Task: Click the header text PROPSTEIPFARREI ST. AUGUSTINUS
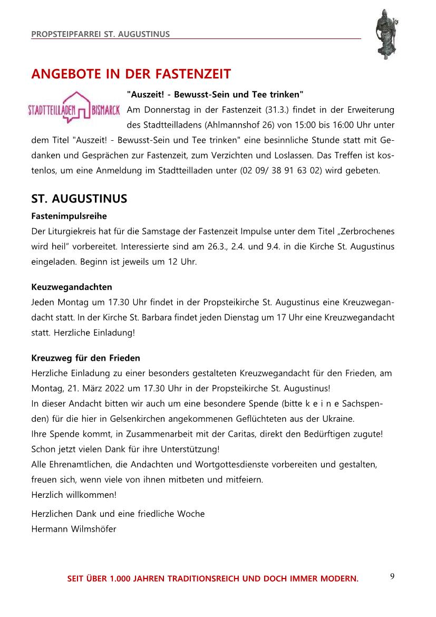click(100, 34)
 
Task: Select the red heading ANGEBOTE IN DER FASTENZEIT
click(131, 74)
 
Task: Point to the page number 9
click(392, 576)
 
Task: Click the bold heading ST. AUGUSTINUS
click(79, 199)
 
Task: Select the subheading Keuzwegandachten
click(72, 287)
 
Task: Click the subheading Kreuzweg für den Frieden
click(86, 358)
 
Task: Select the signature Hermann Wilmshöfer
click(74, 528)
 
